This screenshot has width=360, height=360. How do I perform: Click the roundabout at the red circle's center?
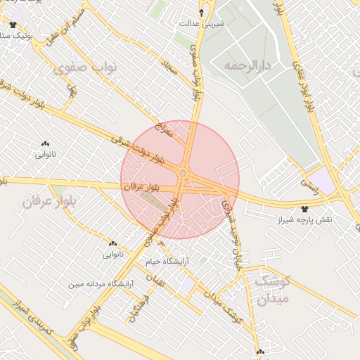click(183, 172)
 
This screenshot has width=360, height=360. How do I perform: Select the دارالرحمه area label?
click(250, 65)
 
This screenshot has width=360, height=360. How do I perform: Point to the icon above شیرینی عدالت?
click(202, 12)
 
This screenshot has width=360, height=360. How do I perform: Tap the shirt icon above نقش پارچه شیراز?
click(304, 209)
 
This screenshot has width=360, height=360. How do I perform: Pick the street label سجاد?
click(160, 70)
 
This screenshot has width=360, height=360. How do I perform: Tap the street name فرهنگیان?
click(137, 307)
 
